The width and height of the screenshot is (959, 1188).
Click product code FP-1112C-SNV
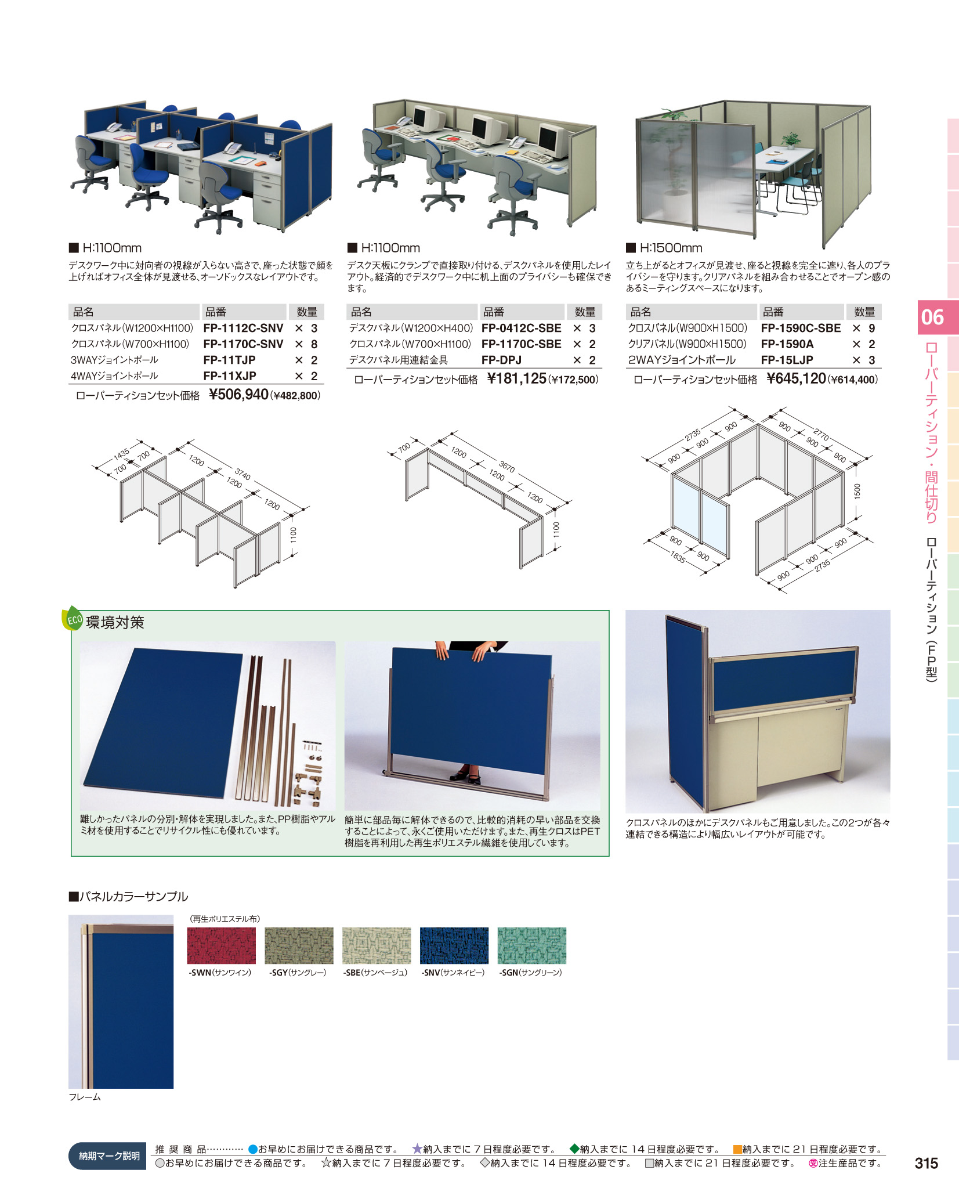[x=243, y=328]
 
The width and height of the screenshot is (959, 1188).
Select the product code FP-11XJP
[x=230, y=376]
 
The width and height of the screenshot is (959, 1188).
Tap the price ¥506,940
[x=238, y=395]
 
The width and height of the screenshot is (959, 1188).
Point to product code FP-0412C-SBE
[x=521, y=328]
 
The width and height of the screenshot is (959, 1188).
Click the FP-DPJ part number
[x=501, y=360]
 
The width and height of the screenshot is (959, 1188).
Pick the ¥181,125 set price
[x=516, y=379]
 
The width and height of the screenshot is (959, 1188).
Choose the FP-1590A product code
[x=787, y=344]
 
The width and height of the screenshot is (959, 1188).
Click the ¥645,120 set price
[x=796, y=379]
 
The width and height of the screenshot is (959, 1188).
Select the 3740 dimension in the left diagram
[x=243, y=475]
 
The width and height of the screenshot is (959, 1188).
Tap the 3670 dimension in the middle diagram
[x=506, y=467]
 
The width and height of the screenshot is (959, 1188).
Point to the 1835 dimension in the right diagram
[x=678, y=558]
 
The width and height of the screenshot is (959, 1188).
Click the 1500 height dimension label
[x=857, y=491]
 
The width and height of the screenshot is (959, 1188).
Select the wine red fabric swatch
[x=221, y=945]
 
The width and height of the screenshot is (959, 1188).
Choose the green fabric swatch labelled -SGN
[x=531, y=945]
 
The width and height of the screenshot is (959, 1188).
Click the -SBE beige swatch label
[x=375, y=973]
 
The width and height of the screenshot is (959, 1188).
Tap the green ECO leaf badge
[x=73, y=619]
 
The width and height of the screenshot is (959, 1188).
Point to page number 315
[x=926, y=1163]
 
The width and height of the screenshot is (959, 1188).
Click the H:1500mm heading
[x=671, y=248]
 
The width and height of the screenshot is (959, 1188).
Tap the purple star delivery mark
[x=417, y=1149]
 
